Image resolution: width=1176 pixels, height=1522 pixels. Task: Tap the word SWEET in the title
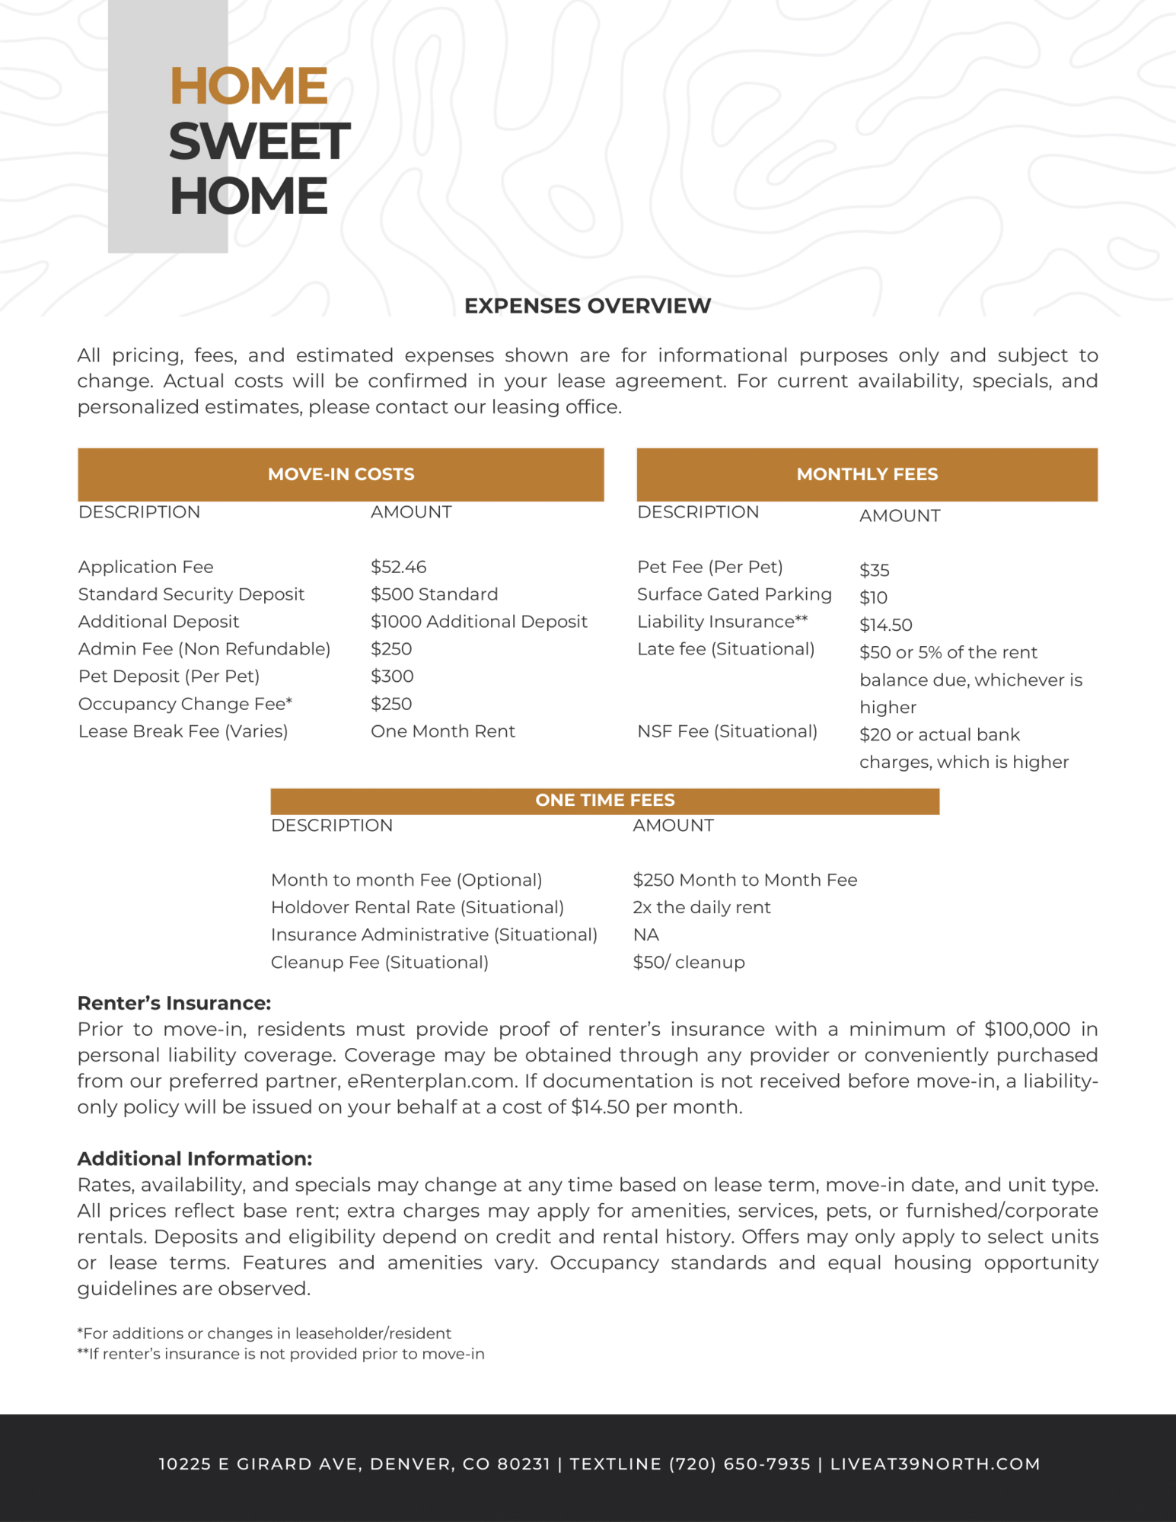tap(260, 142)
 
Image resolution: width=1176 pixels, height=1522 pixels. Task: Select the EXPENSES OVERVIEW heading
tap(588, 306)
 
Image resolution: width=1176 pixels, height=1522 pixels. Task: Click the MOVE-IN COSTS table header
tap(341, 474)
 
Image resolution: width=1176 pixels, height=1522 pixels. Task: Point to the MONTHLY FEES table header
tap(867, 474)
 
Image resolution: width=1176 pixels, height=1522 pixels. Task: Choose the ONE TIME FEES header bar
tap(604, 801)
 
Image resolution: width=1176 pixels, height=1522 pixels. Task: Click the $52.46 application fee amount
tap(398, 567)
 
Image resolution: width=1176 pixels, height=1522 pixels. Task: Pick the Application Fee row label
tap(145, 567)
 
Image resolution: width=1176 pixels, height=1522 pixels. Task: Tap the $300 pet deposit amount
tap(392, 677)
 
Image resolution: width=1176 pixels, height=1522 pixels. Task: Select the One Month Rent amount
tap(442, 731)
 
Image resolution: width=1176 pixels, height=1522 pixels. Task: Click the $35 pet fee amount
tap(874, 570)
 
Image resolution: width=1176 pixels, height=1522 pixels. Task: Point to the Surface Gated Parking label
tap(734, 594)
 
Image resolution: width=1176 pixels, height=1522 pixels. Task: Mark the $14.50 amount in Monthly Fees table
tap(885, 625)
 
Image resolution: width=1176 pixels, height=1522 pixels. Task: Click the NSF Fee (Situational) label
tap(727, 731)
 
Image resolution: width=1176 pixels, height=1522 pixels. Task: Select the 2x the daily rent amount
tap(701, 907)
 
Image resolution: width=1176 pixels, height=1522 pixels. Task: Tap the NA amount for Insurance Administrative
tap(645, 935)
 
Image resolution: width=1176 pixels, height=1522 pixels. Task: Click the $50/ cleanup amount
tap(688, 962)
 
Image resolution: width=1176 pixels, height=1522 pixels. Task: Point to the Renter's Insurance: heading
tap(174, 1003)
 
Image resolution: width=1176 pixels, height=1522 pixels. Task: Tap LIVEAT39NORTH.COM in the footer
tap(935, 1464)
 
